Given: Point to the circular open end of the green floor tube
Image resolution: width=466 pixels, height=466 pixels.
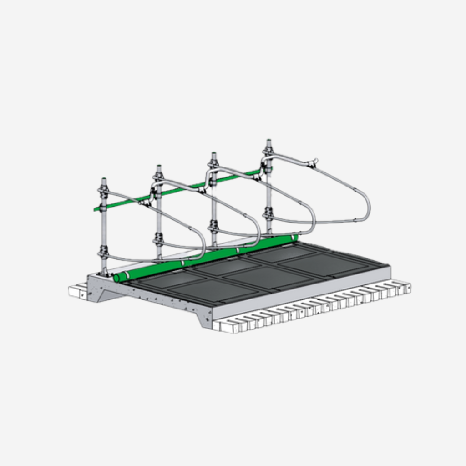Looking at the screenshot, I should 116,278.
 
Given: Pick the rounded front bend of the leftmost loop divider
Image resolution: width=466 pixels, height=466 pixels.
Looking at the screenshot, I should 202,246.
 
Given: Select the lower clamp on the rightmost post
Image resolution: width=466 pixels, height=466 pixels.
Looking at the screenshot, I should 268,213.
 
